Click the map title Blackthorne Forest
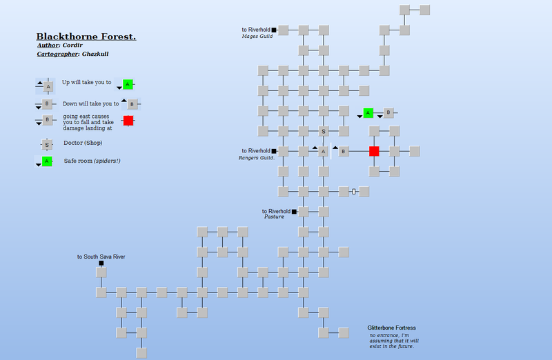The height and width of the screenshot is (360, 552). (x=86, y=37)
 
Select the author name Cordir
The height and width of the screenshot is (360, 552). (x=72, y=45)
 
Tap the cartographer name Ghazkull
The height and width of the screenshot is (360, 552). (x=95, y=54)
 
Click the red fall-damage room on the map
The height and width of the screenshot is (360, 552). (x=374, y=151)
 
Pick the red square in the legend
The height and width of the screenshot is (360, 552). (x=128, y=121)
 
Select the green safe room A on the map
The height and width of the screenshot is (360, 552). (x=368, y=113)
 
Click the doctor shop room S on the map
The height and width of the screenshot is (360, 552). (x=324, y=131)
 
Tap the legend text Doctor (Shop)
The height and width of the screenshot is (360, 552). (x=83, y=143)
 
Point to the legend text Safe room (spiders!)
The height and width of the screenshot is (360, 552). (x=92, y=161)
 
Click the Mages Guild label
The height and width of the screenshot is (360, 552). (x=257, y=37)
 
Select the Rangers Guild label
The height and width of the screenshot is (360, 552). (x=257, y=158)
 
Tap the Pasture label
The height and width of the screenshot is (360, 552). (x=274, y=217)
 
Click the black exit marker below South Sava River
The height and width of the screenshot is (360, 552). (x=101, y=263)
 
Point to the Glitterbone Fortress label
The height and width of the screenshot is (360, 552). (x=391, y=328)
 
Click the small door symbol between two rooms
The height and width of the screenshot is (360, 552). (x=354, y=192)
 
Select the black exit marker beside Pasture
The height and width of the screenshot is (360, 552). (x=294, y=212)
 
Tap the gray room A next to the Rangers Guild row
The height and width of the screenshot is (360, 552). (x=323, y=151)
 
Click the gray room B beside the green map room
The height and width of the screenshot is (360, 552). (x=388, y=112)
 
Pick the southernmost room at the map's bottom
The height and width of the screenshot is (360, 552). (x=141, y=353)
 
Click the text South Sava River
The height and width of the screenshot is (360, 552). (x=104, y=257)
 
